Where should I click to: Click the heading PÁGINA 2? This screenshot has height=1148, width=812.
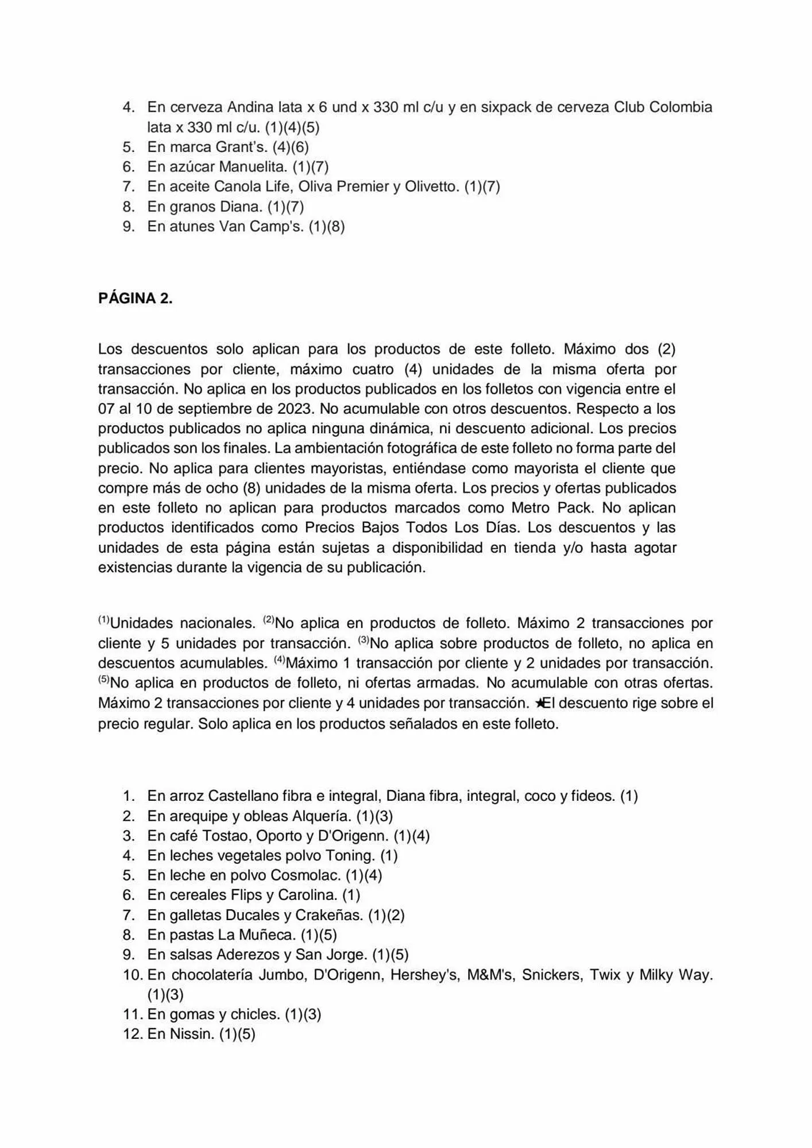135,298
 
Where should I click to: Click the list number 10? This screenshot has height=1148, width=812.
132,975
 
